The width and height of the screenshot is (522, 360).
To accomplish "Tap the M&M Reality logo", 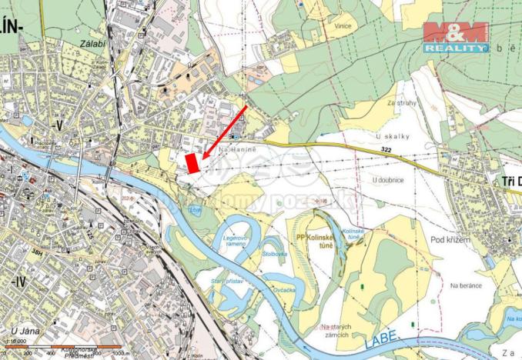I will click(455, 37).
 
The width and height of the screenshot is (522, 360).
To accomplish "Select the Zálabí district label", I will click(93, 45).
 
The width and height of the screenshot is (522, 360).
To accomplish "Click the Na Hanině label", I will click(236, 149).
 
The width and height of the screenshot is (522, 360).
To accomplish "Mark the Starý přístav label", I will click(223, 282).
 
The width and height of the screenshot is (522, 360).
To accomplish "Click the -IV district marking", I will click(15, 282).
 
